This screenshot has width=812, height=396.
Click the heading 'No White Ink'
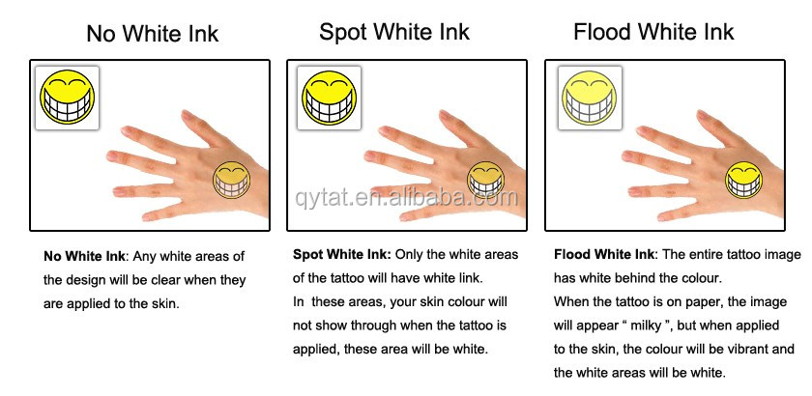(x=153, y=34)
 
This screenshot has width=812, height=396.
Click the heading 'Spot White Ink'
(x=394, y=32)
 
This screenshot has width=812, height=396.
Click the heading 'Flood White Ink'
(x=653, y=32)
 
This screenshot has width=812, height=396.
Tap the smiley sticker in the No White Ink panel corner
(x=68, y=98)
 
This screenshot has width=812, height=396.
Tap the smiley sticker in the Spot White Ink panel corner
(x=329, y=98)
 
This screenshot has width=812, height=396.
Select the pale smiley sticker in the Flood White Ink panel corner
(x=590, y=98)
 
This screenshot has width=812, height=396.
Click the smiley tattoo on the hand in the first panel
(x=231, y=181)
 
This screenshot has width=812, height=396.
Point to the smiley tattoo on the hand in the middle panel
(x=485, y=181)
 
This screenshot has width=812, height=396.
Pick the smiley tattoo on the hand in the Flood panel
(x=743, y=181)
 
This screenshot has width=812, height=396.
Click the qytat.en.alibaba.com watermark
(x=407, y=197)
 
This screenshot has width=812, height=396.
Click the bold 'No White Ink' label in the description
(x=84, y=256)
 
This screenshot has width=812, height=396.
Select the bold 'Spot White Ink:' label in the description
(x=342, y=255)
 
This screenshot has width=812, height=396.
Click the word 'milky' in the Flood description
(x=647, y=325)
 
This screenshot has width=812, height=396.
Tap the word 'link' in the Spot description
(x=471, y=278)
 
